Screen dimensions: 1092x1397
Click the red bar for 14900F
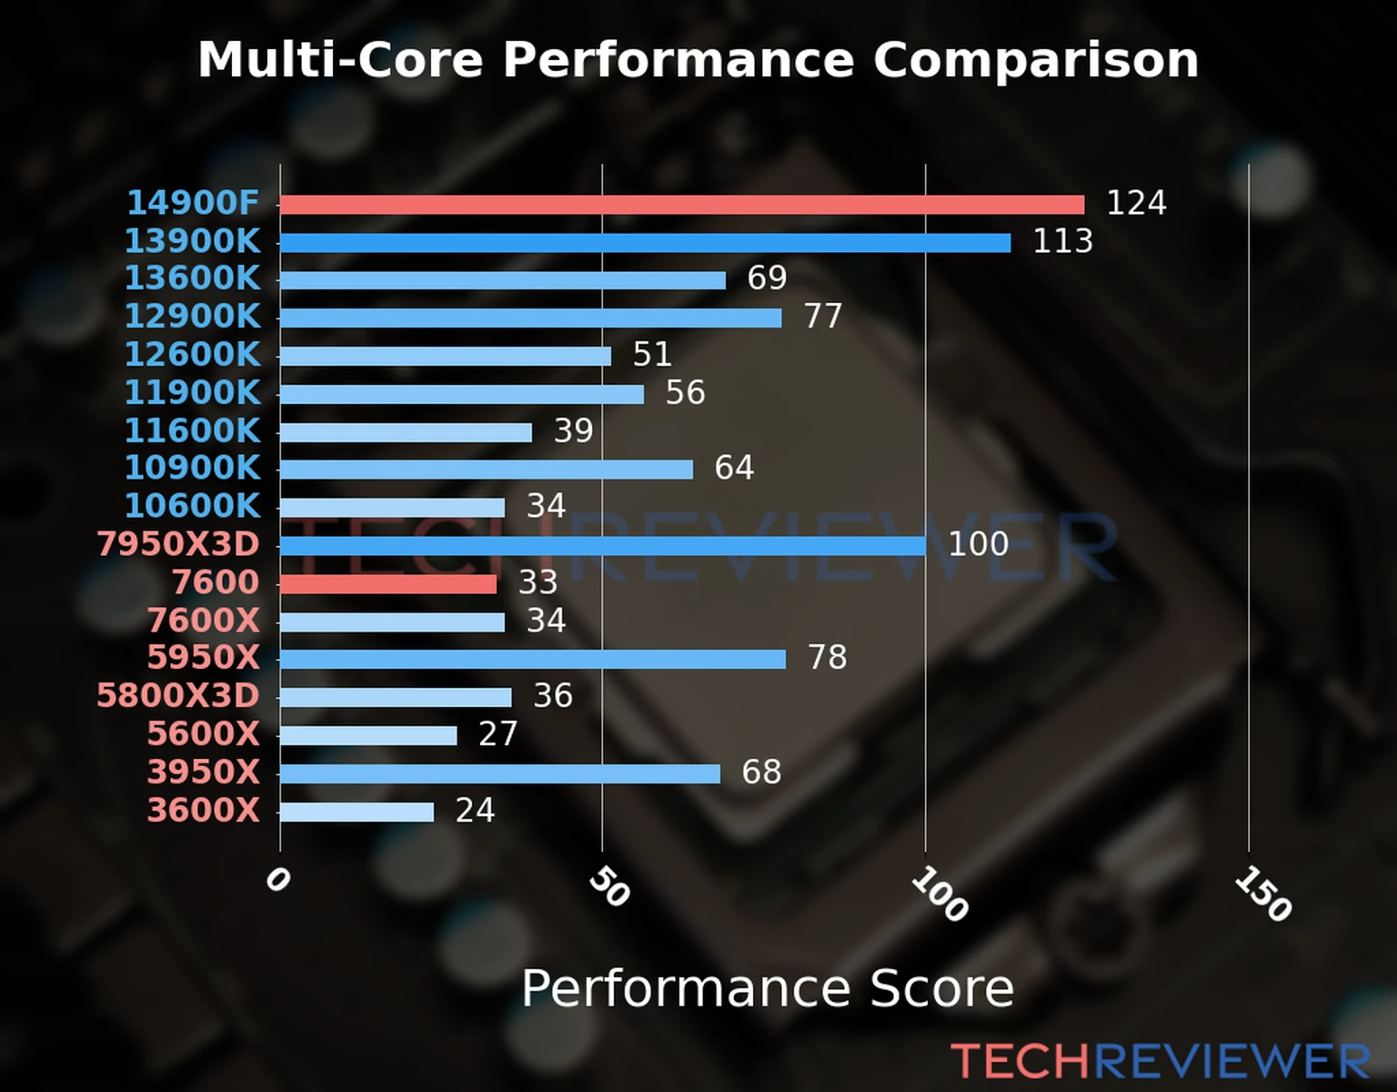682,205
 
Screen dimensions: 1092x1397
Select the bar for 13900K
645,243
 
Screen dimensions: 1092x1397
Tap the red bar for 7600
388,584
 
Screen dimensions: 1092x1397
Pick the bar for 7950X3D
602,546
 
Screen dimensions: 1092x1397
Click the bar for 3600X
357,812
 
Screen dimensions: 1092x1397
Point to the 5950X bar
533,660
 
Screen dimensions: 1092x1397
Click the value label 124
1136,203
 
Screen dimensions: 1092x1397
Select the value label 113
1062,241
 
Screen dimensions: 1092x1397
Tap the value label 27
498,734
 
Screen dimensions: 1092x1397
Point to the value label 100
979,544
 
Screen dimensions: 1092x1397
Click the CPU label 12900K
192,317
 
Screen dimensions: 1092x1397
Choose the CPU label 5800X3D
178,696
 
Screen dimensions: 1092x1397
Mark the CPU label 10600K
192,506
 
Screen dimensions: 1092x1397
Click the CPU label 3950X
204,773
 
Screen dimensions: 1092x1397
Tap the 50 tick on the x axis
608,887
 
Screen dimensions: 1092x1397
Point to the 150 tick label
1262,894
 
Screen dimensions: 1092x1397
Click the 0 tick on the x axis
277,880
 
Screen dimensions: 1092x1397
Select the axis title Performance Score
767,988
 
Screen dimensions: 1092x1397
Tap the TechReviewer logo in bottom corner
1160,1062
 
